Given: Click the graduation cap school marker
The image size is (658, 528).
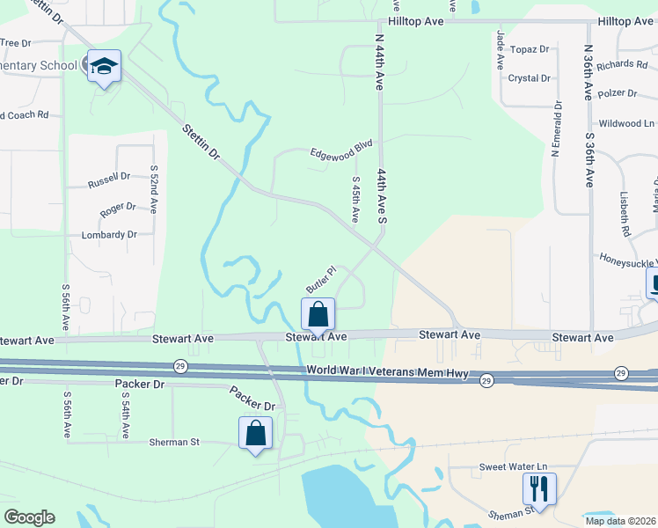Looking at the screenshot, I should [104, 67].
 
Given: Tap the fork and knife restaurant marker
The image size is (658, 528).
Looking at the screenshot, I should [538, 488].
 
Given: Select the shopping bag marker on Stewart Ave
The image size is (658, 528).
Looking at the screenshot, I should [318, 314].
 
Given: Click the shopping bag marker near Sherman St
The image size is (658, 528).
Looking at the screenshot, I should [255, 433].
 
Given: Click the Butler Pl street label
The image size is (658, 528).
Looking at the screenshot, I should [321, 280].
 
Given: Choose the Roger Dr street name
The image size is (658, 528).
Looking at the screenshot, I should [118, 208].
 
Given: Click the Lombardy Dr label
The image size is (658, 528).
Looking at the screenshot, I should [109, 235].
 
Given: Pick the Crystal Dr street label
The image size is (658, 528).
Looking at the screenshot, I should [530, 77].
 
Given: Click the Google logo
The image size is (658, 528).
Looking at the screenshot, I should [29, 517].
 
